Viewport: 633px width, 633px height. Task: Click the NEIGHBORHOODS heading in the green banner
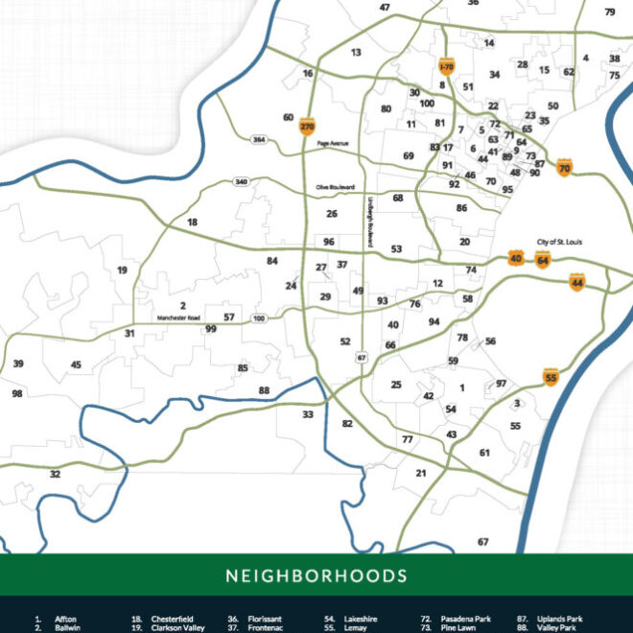click(x=316, y=576)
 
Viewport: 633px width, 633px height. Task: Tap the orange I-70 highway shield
click(x=446, y=66)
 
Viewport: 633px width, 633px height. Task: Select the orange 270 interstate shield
click(x=307, y=126)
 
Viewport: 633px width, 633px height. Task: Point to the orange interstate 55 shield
click(x=551, y=378)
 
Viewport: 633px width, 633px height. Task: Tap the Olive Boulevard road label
click(x=336, y=187)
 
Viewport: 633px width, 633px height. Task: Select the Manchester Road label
click(x=179, y=317)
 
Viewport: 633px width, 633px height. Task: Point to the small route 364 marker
click(x=259, y=140)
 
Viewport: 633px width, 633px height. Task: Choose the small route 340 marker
click(x=241, y=181)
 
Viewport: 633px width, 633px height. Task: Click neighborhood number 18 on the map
click(x=192, y=222)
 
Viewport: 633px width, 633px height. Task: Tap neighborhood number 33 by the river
click(x=308, y=414)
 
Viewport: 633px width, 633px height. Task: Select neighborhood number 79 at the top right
click(x=610, y=12)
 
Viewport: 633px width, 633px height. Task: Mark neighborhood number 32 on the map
click(x=55, y=474)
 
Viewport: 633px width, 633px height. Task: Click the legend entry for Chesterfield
click(x=171, y=620)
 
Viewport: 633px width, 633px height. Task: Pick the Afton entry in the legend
click(x=65, y=620)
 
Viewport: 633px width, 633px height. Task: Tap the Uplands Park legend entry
click(x=561, y=620)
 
